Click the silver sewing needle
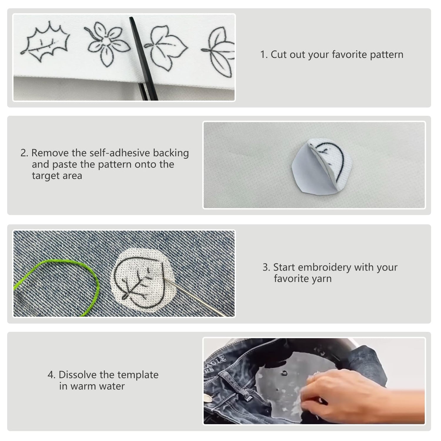pyautogui.click(x=196, y=297)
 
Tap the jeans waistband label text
pyautogui.click(x=215, y=365)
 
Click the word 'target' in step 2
pyautogui.click(x=57, y=176)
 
